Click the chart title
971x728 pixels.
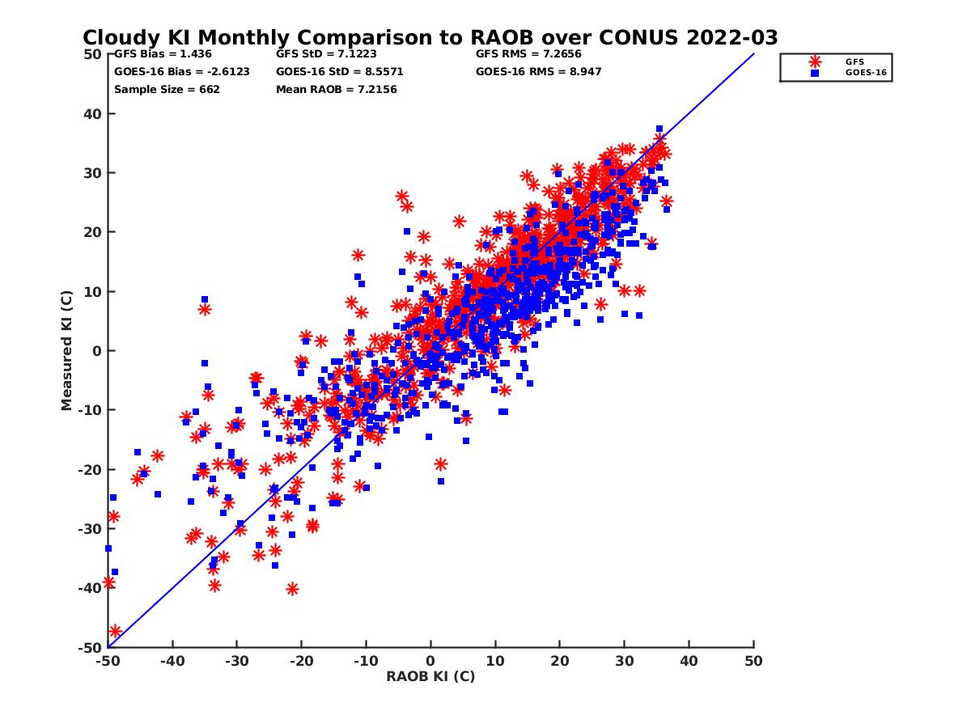point(430,37)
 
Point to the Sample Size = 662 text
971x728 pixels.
point(167,89)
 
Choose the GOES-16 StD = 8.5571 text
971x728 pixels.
point(340,71)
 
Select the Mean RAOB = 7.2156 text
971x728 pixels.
point(337,89)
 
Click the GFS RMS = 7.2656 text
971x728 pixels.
point(528,54)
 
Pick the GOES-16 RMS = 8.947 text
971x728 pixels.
point(539,71)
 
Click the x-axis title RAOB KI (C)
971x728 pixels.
point(430,676)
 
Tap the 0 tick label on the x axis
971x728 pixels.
point(430,661)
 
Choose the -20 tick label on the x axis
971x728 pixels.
point(301,661)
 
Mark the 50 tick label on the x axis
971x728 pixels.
point(753,661)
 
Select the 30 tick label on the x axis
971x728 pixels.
point(624,661)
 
